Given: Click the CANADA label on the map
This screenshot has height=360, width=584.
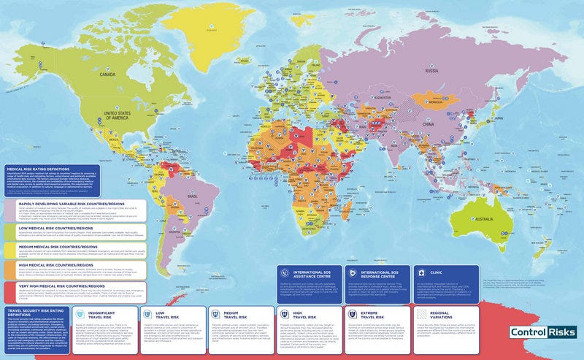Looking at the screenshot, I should click(x=108, y=74).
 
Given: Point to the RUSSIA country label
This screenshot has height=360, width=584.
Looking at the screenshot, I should click(x=431, y=71).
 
